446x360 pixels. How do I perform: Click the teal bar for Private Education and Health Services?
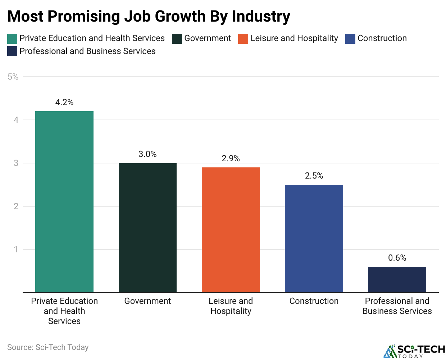pyautogui.click(x=64, y=202)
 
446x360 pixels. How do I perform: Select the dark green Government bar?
pyautogui.click(x=147, y=228)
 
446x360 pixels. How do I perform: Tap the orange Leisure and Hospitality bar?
pyautogui.click(x=231, y=230)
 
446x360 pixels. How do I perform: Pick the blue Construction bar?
pyautogui.click(x=314, y=238)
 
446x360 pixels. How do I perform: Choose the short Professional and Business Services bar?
pyautogui.click(x=397, y=279)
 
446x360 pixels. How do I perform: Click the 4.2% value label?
pyautogui.click(x=64, y=103)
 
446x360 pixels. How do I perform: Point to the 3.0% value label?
pyautogui.click(x=147, y=154)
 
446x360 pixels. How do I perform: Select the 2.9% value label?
pyautogui.click(x=231, y=159)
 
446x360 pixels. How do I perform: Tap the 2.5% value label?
pyautogui.click(x=314, y=176)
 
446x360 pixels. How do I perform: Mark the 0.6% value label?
pyautogui.click(x=397, y=258)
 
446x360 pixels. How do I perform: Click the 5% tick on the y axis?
pyautogui.click(x=13, y=77)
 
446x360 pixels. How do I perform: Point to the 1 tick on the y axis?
pyautogui.click(x=16, y=249)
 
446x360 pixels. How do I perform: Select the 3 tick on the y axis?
pyautogui.click(x=16, y=163)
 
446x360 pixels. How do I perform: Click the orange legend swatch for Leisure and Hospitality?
pyautogui.click(x=243, y=39)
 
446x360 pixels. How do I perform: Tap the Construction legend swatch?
pyautogui.click(x=350, y=39)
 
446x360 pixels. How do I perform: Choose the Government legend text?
pyautogui.click(x=208, y=39)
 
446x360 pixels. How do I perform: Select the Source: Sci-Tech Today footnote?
pyautogui.click(x=48, y=347)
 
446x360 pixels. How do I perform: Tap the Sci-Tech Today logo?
pyautogui.click(x=414, y=351)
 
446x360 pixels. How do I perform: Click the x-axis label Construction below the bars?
pyautogui.click(x=314, y=301)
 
